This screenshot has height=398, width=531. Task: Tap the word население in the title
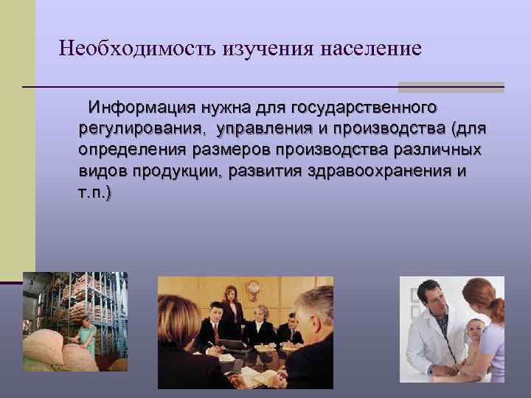coord(371,49)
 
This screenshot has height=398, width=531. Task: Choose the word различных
coord(435,151)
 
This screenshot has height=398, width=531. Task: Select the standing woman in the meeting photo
coord(232,310)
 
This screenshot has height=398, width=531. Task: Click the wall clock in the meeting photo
coord(254,287)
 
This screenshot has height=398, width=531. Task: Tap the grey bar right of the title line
coord(451,86)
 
